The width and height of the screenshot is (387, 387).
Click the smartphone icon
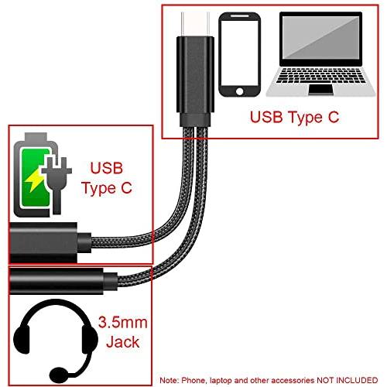pyautogui.click(x=239, y=54)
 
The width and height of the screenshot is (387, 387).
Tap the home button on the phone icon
pyautogui.click(x=239, y=91)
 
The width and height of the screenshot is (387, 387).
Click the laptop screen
pyautogui.click(x=320, y=37)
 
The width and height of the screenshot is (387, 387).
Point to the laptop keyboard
pyautogui.click(x=320, y=75)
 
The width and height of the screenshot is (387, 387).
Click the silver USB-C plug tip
pyautogui.click(x=195, y=25)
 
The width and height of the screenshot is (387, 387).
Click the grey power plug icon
pyautogui.click(x=57, y=185)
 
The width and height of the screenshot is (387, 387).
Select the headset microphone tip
pyautogui.click(x=59, y=375)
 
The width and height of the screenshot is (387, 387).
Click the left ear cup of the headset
pyautogui.click(x=22, y=339)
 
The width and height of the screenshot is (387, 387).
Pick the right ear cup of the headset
pyautogui.click(x=90, y=339)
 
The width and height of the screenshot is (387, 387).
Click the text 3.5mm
pyautogui.click(x=123, y=323)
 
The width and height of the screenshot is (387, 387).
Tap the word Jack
pyautogui.click(x=123, y=342)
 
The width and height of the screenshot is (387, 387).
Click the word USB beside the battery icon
pyautogui.click(x=107, y=168)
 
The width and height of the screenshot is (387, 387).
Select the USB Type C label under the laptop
pyautogui.click(x=294, y=117)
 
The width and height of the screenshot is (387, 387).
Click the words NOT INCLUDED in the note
pyautogui.click(x=348, y=380)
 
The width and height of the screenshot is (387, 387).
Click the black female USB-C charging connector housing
pyautogui.click(x=43, y=242)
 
